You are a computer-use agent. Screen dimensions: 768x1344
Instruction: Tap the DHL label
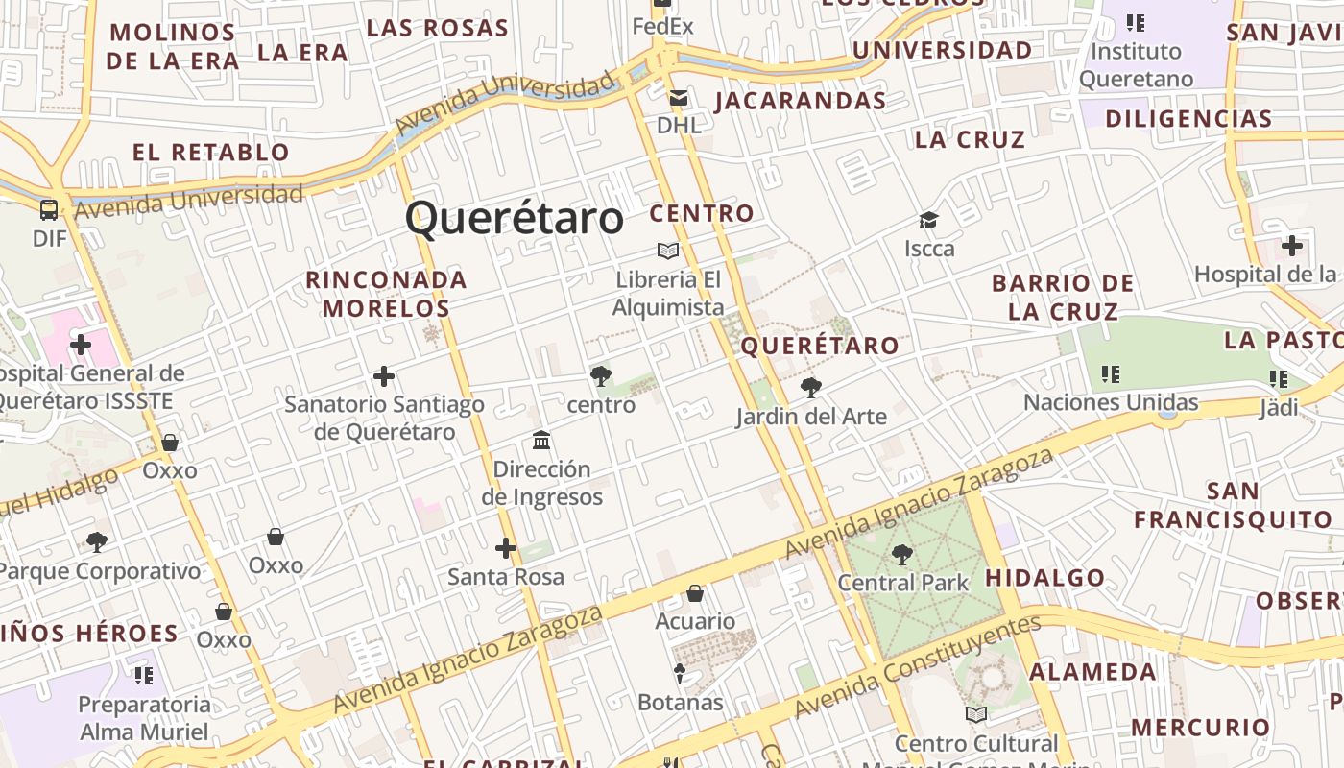pyautogui.click(x=679, y=125)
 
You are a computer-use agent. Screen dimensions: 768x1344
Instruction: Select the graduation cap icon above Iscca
pyautogui.click(x=928, y=221)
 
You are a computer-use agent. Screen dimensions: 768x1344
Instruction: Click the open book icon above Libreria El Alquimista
pyautogui.click(x=668, y=252)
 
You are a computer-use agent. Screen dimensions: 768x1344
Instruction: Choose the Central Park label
pyautogui.click(x=903, y=583)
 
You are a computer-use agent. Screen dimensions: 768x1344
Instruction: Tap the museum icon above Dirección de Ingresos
pyautogui.click(x=541, y=441)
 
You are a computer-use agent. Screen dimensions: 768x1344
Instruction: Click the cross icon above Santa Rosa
pyautogui.click(x=506, y=549)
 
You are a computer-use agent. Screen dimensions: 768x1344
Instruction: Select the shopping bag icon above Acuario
pyautogui.click(x=695, y=593)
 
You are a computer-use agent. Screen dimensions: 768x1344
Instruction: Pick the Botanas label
pyautogui.click(x=681, y=702)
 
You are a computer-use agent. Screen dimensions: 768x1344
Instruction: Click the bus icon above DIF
pyautogui.click(x=49, y=209)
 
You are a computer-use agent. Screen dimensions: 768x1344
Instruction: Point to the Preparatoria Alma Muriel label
pyautogui.click(x=144, y=718)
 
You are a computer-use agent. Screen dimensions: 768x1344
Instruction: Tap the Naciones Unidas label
pyautogui.click(x=1111, y=402)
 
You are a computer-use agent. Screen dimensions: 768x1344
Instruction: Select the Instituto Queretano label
pyautogui.click(x=1137, y=65)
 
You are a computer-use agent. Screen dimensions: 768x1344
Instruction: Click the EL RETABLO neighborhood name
pyautogui.click(x=211, y=152)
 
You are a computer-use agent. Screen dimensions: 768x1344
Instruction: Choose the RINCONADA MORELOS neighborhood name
pyautogui.click(x=386, y=294)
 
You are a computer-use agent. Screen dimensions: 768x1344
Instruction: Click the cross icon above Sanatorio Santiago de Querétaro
pyautogui.click(x=384, y=376)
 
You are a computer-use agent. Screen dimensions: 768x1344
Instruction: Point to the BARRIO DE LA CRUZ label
pyautogui.click(x=1064, y=298)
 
